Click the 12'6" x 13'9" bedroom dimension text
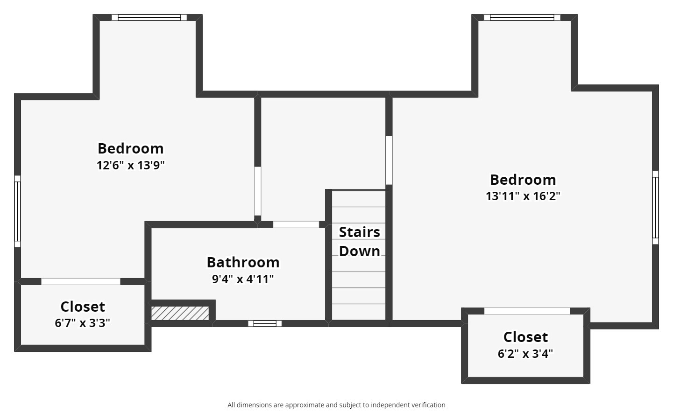[x=131, y=165]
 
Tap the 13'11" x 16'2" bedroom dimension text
[x=523, y=196]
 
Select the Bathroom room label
[x=243, y=262]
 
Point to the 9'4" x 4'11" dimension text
[x=243, y=279]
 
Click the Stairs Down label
[x=359, y=241]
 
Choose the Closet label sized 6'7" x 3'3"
[x=83, y=307]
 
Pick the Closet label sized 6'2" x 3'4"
[x=525, y=337]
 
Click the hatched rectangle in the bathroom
[x=180, y=313]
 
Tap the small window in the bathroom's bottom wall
[x=265, y=323]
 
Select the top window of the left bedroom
[x=149, y=18]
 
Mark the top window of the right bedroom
[x=522, y=18]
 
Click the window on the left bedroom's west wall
[x=17, y=211]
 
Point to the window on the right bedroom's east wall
[x=655, y=207]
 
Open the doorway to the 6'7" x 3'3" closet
[x=81, y=281]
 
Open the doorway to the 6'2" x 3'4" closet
[x=527, y=311]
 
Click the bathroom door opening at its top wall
[x=296, y=224]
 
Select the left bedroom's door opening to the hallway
[x=257, y=191]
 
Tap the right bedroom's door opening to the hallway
[x=389, y=160]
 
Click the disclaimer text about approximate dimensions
[x=336, y=405]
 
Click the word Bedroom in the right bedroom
[x=523, y=180]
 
